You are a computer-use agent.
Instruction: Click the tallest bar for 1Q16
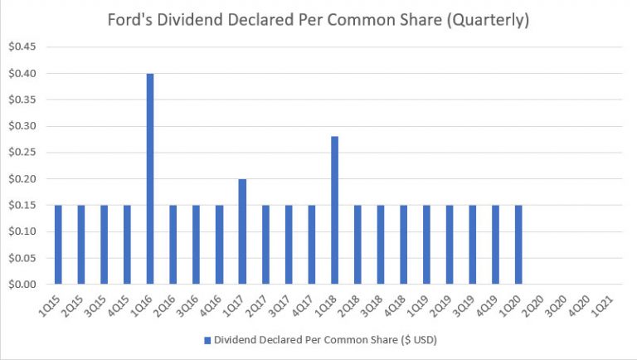click(150, 178)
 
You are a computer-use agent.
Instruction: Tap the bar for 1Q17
click(242, 231)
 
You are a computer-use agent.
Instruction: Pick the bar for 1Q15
click(58, 245)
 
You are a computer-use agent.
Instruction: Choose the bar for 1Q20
click(518, 245)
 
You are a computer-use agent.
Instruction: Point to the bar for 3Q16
click(197, 245)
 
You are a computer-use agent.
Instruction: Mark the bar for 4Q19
click(495, 245)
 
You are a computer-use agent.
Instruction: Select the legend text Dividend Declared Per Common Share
click(323, 339)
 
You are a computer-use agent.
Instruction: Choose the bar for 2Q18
click(357, 245)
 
